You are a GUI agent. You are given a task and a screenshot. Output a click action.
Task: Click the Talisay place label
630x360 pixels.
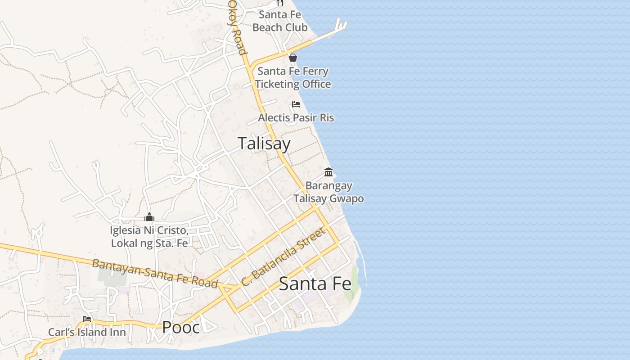(x=264, y=144)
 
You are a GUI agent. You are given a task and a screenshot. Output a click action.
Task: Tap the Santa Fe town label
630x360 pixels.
(x=315, y=284)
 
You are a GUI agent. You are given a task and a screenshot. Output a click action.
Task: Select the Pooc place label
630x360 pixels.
(x=181, y=327)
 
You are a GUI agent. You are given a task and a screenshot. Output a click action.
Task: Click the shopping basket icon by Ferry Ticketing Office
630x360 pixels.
(x=293, y=58)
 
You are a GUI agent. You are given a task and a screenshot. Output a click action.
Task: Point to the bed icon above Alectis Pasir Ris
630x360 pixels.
(x=296, y=104)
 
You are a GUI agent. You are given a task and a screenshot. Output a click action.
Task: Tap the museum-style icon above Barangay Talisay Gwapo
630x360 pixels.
(x=328, y=172)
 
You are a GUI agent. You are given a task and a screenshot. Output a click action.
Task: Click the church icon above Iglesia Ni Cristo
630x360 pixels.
(x=149, y=217)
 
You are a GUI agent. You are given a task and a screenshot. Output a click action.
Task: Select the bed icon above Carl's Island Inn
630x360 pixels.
(x=87, y=319)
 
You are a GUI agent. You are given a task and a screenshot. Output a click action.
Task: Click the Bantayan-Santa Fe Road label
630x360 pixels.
(x=155, y=273)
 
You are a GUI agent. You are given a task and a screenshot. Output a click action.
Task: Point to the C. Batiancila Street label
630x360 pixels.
(x=283, y=257)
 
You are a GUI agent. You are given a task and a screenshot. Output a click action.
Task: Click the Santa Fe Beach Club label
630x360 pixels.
(x=280, y=21)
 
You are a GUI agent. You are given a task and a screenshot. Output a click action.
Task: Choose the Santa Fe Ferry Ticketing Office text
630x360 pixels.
(x=293, y=77)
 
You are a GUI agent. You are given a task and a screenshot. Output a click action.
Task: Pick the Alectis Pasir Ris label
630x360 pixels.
(x=296, y=118)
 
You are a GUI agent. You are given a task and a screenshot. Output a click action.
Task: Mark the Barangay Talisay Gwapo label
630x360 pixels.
(x=329, y=192)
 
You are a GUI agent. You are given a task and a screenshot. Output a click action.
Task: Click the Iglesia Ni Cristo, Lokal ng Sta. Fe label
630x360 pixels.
(x=149, y=237)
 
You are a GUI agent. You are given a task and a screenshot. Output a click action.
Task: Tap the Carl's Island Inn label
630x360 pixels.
(x=87, y=333)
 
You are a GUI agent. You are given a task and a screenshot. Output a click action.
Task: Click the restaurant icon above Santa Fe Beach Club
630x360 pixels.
(x=280, y=3)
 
